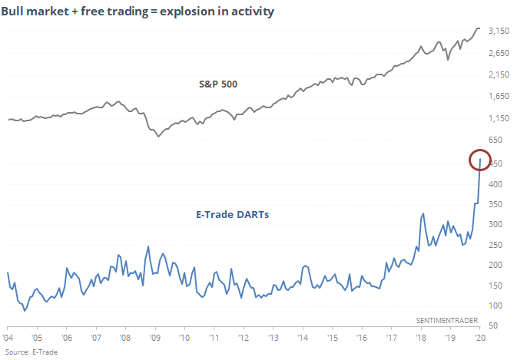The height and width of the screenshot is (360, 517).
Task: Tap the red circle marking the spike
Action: point(480,160)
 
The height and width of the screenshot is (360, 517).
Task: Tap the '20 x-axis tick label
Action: point(479,338)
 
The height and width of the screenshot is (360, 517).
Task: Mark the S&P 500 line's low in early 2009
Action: point(157,136)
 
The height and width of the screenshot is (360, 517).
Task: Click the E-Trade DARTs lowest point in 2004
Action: point(25,311)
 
